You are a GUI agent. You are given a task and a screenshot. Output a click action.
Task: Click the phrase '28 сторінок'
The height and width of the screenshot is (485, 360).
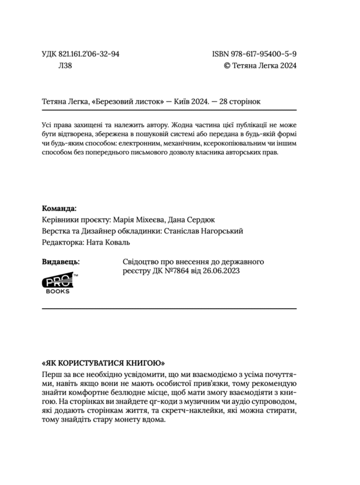click(239, 102)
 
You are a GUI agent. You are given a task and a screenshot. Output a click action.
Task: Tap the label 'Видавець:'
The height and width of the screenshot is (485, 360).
click(62, 262)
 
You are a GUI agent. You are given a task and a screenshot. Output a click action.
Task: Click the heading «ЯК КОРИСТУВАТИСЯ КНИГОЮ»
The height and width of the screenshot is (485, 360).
click(104, 363)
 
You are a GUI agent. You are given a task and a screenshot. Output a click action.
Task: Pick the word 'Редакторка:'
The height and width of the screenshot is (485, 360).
click(64, 243)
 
